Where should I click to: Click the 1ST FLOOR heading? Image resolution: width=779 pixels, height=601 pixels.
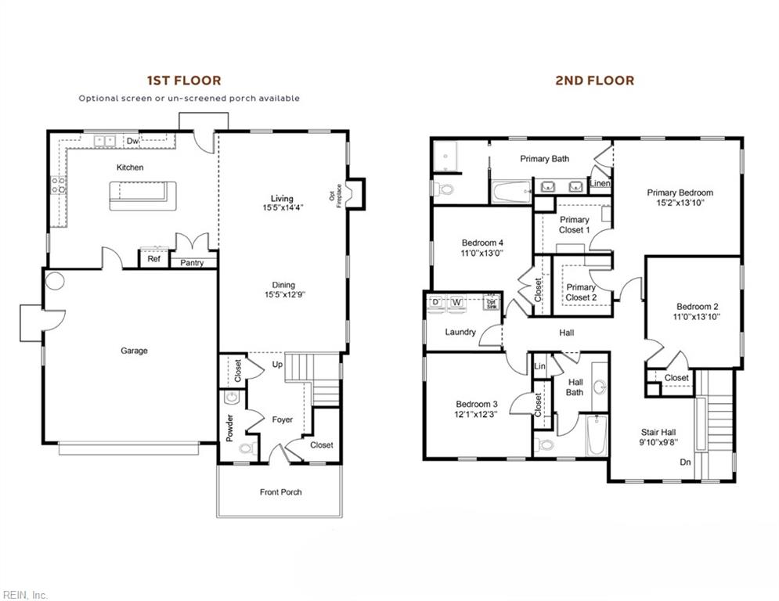pyautogui.click(x=184, y=80)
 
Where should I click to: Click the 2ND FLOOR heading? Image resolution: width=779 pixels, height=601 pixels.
pyautogui.click(x=595, y=80)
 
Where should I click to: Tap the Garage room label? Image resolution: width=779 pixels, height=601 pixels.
pyautogui.click(x=134, y=351)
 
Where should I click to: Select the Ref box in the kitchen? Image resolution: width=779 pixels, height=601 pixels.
pyautogui.click(x=154, y=259)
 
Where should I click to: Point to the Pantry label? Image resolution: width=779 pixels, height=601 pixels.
pyautogui.click(x=192, y=263)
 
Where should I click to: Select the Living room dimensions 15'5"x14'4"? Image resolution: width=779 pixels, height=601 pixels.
pyautogui.click(x=283, y=208)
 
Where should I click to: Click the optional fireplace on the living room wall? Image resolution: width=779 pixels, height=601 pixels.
pyautogui.click(x=354, y=193)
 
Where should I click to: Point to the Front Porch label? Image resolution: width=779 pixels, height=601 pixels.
pyautogui.click(x=280, y=492)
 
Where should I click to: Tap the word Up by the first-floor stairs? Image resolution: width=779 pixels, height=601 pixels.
pyautogui.click(x=277, y=365)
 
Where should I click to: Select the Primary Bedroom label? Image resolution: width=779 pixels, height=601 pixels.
pyautogui.click(x=680, y=193)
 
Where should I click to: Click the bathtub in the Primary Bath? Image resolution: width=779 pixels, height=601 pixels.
pyautogui.click(x=511, y=190)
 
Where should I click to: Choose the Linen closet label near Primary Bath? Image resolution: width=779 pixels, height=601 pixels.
pyautogui.click(x=600, y=184)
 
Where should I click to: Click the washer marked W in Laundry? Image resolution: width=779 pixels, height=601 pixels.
pyautogui.click(x=456, y=302)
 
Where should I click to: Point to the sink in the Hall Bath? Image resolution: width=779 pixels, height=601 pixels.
pyautogui.click(x=600, y=387)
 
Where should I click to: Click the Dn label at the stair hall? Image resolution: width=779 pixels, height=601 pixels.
pyautogui.click(x=685, y=462)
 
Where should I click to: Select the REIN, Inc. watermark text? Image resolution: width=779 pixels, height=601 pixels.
pyautogui.click(x=25, y=595)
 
